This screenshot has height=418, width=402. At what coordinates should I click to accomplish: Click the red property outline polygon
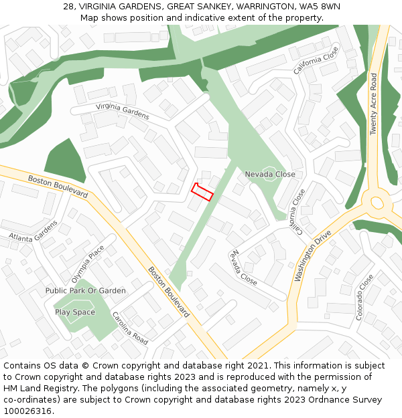[202, 192]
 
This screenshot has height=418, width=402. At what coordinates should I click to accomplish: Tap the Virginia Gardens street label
[122, 111]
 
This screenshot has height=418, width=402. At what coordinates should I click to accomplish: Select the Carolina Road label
[130, 328]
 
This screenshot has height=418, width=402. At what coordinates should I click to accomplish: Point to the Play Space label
[75, 312]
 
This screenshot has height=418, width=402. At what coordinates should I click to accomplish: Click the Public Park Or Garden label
[86, 291]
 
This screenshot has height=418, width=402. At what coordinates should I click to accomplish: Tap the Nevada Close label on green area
[270, 175]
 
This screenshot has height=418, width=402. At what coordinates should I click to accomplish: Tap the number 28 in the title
[68, 6]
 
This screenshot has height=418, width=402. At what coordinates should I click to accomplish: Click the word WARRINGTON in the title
[262, 6]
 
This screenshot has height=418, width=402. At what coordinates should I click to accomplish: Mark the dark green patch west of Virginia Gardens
[65, 161]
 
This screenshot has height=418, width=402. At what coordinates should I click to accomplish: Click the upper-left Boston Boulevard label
[58, 186]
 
